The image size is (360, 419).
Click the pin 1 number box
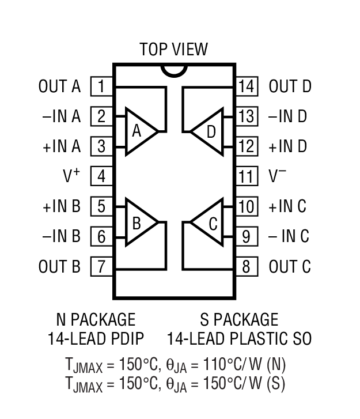click(101, 86)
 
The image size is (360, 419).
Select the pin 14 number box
click(247, 86)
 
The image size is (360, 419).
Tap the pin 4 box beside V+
click(101, 176)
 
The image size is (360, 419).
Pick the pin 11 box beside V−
click(247, 176)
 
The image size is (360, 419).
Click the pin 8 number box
click(247, 266)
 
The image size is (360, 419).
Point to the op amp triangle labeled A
click(138, 131)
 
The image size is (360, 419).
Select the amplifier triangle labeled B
click(138, 222)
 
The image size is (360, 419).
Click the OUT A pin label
click(59, 86)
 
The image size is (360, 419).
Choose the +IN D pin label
click(287, 146)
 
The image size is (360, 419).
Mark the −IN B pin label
click(61, 236)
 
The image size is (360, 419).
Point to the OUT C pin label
click(289, 266)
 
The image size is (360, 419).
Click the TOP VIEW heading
click(173, 50)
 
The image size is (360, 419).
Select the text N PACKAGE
click(96, 319)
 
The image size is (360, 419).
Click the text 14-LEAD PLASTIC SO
click(239, 338)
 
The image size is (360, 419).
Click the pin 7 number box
click(101, 266)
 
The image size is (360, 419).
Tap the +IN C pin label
click(287, 206)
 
